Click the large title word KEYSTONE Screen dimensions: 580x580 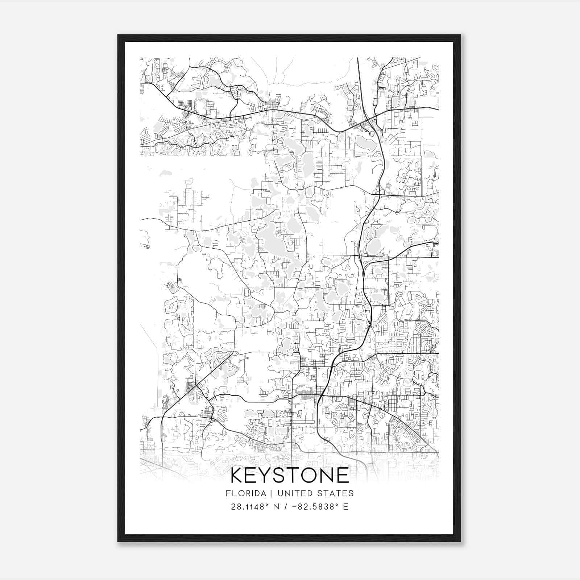point(290,475)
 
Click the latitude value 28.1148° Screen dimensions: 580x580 point(250,507)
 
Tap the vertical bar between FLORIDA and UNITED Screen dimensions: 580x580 point(266,493)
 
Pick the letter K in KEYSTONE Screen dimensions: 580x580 point(238,475)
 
